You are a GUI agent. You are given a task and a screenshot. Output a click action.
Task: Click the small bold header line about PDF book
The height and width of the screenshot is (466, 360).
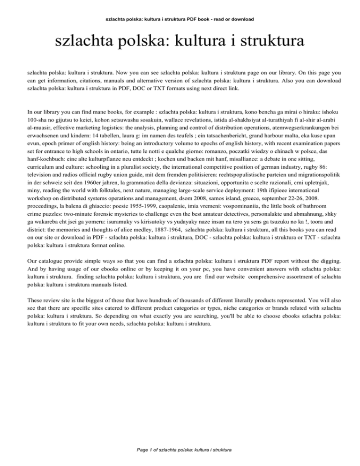pos(180,19)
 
